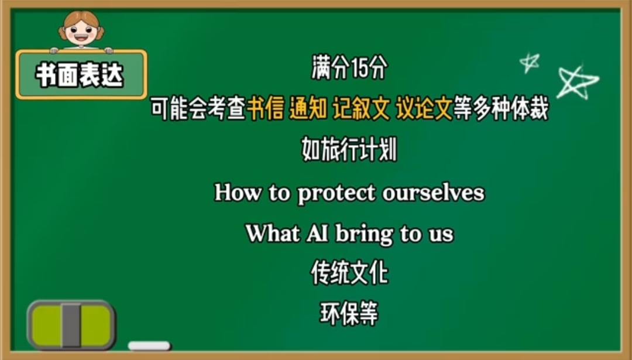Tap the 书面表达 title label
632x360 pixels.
[81, 74]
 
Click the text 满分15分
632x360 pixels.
[349, 68]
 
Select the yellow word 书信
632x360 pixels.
[265, 108]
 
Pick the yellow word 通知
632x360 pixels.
[308, 108]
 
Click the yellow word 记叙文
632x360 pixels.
[362, 108]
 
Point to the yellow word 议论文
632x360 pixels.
[424, 108]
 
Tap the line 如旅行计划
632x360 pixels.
[349, 150]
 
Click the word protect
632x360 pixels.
[336, 193]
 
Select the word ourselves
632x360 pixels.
[433, 193]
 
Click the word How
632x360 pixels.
[238, 193]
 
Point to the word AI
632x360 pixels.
[317, 234]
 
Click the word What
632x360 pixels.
[273, 234]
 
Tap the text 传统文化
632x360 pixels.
[349, 273]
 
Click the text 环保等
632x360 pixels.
[349, 313]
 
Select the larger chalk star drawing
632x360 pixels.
[577, 82]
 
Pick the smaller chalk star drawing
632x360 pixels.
[529, 63]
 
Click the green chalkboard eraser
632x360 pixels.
[71, 325]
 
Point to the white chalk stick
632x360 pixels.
[149, 345]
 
